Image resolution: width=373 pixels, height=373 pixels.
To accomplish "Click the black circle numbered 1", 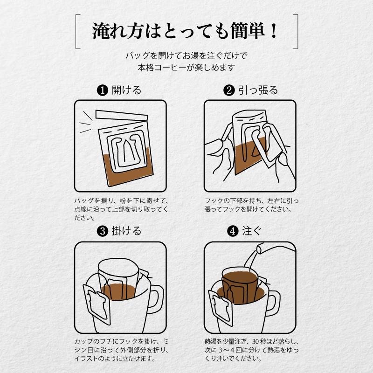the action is point(103,90).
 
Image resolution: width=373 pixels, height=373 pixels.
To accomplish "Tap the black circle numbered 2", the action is point(229,90).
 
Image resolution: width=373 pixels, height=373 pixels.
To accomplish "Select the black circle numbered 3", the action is point(103,231).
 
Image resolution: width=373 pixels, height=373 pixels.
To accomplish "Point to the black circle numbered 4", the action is point(233,231).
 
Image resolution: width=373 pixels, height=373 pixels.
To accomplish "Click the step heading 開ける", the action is point(126,90).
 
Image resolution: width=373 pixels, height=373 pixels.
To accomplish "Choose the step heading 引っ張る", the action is point(258,90).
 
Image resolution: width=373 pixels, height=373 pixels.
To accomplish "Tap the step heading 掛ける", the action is point(126,231).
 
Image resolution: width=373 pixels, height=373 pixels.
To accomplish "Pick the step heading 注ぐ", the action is point(252,231).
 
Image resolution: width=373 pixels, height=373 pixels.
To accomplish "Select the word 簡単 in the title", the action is point(248,31).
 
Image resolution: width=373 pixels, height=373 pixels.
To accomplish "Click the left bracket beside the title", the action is point(77,32).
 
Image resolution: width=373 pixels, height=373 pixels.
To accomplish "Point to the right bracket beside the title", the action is point(296,32).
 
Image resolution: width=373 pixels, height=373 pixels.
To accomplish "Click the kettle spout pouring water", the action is point(261,248).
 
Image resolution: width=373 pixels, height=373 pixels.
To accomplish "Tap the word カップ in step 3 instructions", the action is point(83,342).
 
